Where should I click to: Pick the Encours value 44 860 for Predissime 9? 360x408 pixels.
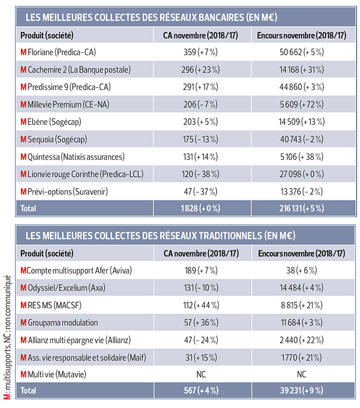[x=301, y=87]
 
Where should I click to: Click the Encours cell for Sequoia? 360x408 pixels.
[x=301, y=139]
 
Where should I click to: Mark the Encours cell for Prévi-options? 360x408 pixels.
[x=301, y=191]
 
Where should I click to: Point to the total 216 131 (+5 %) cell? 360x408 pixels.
[x=301, y=209]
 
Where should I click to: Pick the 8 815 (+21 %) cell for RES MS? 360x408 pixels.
[x=301, y=305]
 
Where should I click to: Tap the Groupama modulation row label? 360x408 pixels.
[x=59, y=322]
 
